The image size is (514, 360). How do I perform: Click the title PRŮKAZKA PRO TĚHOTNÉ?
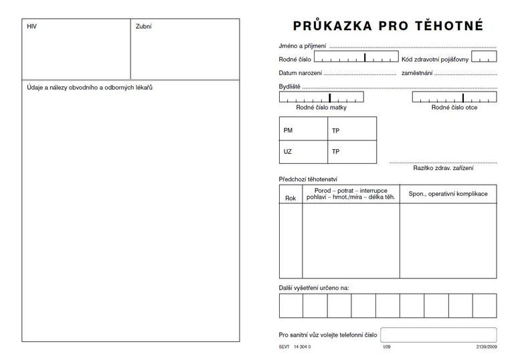point(388,26)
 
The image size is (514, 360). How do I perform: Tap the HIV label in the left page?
point(32,27)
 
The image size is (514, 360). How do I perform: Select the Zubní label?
point(143,27)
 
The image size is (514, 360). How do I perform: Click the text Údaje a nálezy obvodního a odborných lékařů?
point(90,88)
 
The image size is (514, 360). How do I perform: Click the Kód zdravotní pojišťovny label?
point(435,59)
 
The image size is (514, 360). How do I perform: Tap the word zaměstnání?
point(416,72)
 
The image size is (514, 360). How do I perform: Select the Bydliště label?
point(290,87)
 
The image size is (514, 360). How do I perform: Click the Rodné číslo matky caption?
point(321,108)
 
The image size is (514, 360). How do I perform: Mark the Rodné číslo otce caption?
point(454,108)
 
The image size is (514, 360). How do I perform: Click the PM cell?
point(288,130)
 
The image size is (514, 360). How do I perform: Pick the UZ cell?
point(288,152)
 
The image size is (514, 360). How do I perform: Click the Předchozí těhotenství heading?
point(308,179)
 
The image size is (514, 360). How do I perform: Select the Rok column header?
point(290,198)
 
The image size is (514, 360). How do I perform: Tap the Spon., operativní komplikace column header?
point(448,193)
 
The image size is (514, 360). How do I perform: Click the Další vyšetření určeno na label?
point(314,288)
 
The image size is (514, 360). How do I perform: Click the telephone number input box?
point(438,335)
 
